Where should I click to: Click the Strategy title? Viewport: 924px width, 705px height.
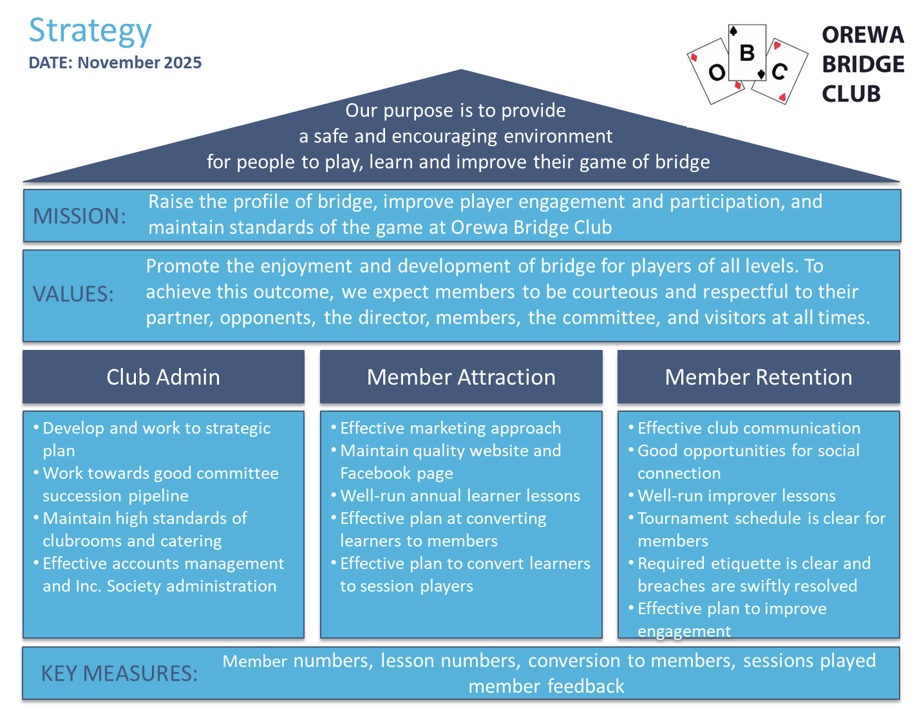(90, 31)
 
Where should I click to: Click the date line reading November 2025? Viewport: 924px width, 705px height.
(115, 63)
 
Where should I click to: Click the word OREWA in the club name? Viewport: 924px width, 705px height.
(863, 35)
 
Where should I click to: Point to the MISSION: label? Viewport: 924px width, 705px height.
(79, 216)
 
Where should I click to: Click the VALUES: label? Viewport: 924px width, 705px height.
(73, 294)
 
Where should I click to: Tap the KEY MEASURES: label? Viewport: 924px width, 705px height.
(119, 673)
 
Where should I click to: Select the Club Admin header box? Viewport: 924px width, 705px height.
(164, 377)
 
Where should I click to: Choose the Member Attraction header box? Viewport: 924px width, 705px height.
(461, 377)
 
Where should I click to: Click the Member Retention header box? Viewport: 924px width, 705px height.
(759, 377)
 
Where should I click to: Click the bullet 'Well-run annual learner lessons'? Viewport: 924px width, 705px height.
(460, 496)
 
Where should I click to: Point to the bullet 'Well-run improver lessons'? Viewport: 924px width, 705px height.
(736, 496)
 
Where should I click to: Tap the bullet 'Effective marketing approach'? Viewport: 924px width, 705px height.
(450, 428)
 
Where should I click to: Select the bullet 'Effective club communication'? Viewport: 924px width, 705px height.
(748, 428)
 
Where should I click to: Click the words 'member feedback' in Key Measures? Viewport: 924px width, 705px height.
(546, 686)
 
